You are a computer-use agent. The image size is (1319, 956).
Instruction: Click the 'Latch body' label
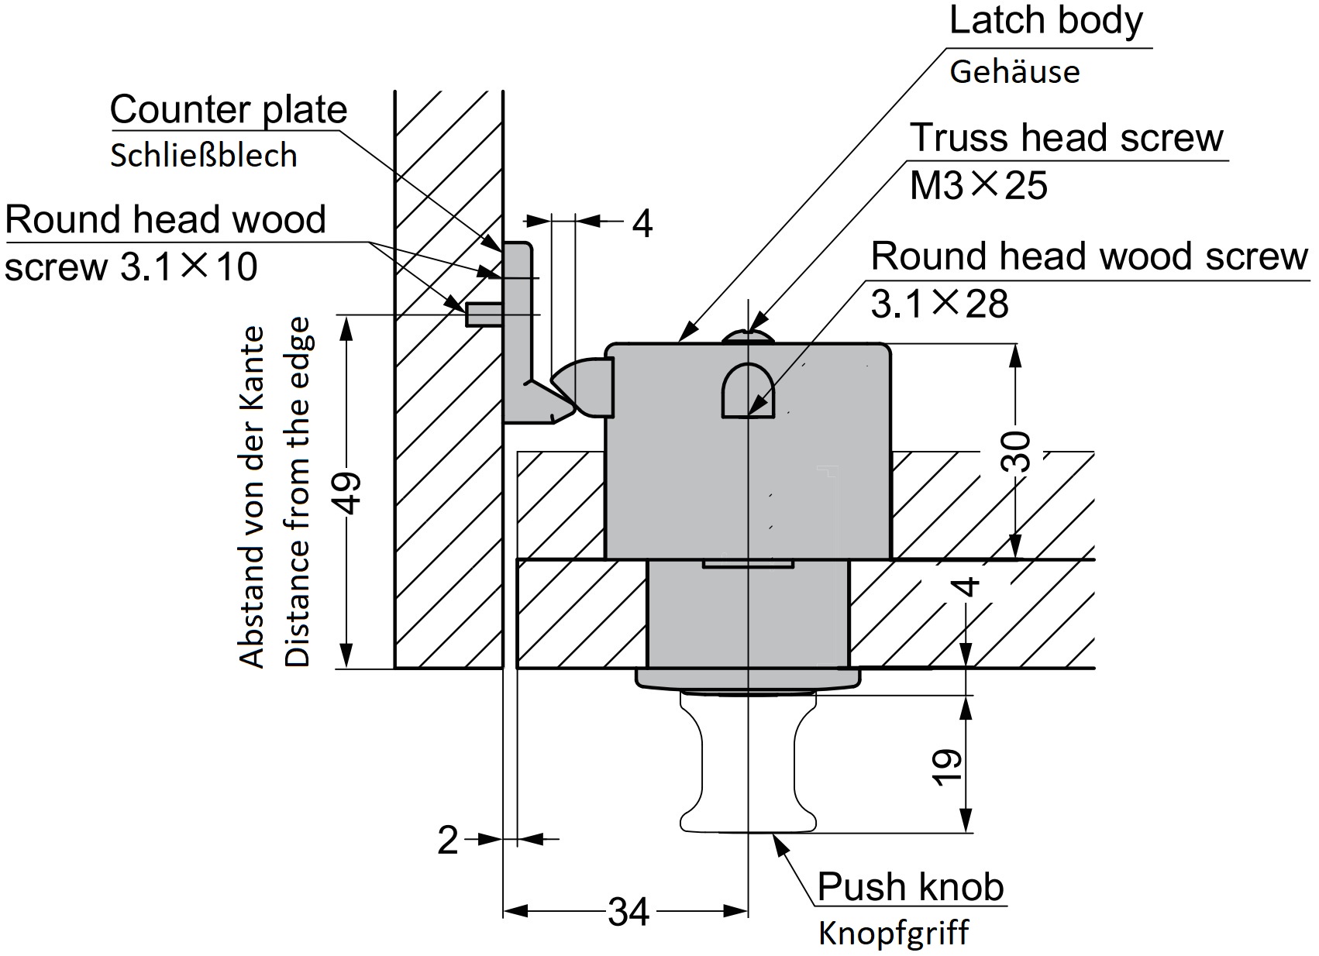(x=1045, y=21)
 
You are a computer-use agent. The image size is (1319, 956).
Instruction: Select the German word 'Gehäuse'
(x=1014, y=72)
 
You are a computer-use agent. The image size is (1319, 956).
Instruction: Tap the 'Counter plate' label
(x=228, y=110)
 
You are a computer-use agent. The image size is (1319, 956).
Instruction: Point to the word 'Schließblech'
(x=204, y=156)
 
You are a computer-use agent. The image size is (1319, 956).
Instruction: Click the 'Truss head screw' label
(x=1066, y=138)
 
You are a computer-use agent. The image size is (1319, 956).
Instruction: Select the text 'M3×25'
(x=978, y=186)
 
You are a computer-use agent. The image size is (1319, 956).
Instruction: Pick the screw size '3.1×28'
(x=939, y=304)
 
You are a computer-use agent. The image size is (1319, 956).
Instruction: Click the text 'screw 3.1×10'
(x=131, y=267)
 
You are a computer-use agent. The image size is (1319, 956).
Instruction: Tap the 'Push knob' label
(x=911, y=886)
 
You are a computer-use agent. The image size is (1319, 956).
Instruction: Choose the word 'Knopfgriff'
(x=894, y=934)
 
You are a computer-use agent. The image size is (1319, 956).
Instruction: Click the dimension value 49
(x=350, y=492)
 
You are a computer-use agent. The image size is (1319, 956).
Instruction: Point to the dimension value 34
(x=628, y=912)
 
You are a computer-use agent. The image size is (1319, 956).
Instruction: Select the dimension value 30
(x=1017, y=452)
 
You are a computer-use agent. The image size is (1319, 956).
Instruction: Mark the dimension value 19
(x=947, y=766)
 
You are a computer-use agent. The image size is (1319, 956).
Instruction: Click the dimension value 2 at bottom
(x=448, y=840)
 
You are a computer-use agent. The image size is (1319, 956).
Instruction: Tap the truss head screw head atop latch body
(x=748, y=336)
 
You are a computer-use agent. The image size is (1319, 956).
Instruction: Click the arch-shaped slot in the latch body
(x=748, y=392)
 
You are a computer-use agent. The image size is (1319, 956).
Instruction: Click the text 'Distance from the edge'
(x=298, y=492)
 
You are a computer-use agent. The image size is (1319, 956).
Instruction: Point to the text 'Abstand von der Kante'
(x=252, y=497)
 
